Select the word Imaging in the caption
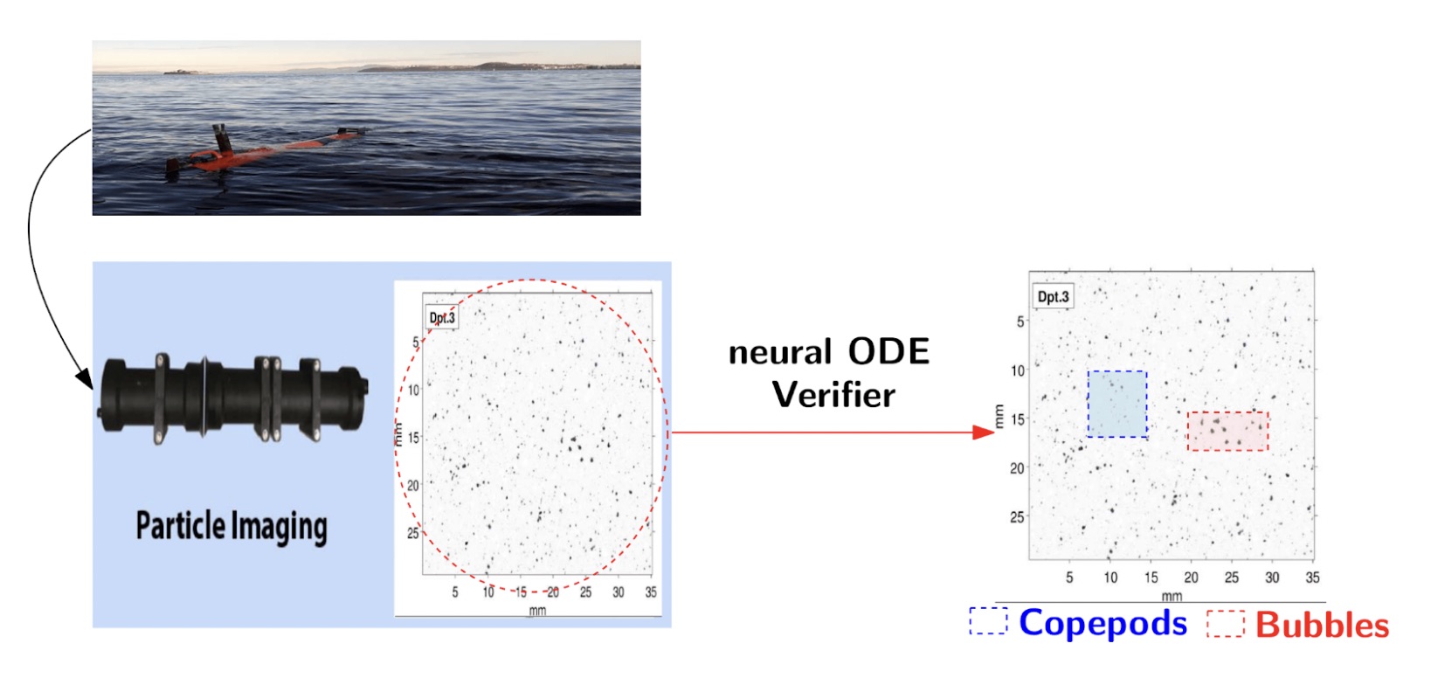click(280, 528)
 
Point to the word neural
click(780, 352)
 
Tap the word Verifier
click(833, 394)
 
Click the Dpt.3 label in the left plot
click(441, 317)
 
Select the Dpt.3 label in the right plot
click(1053, 296)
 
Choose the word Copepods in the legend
click(1103, 623)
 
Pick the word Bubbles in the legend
click(1322, 625)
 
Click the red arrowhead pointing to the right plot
click(984, 432)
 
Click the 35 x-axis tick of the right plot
click(1312, 578)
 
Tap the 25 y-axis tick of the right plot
click(1017, 517)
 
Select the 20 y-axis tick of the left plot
click(412, 486)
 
